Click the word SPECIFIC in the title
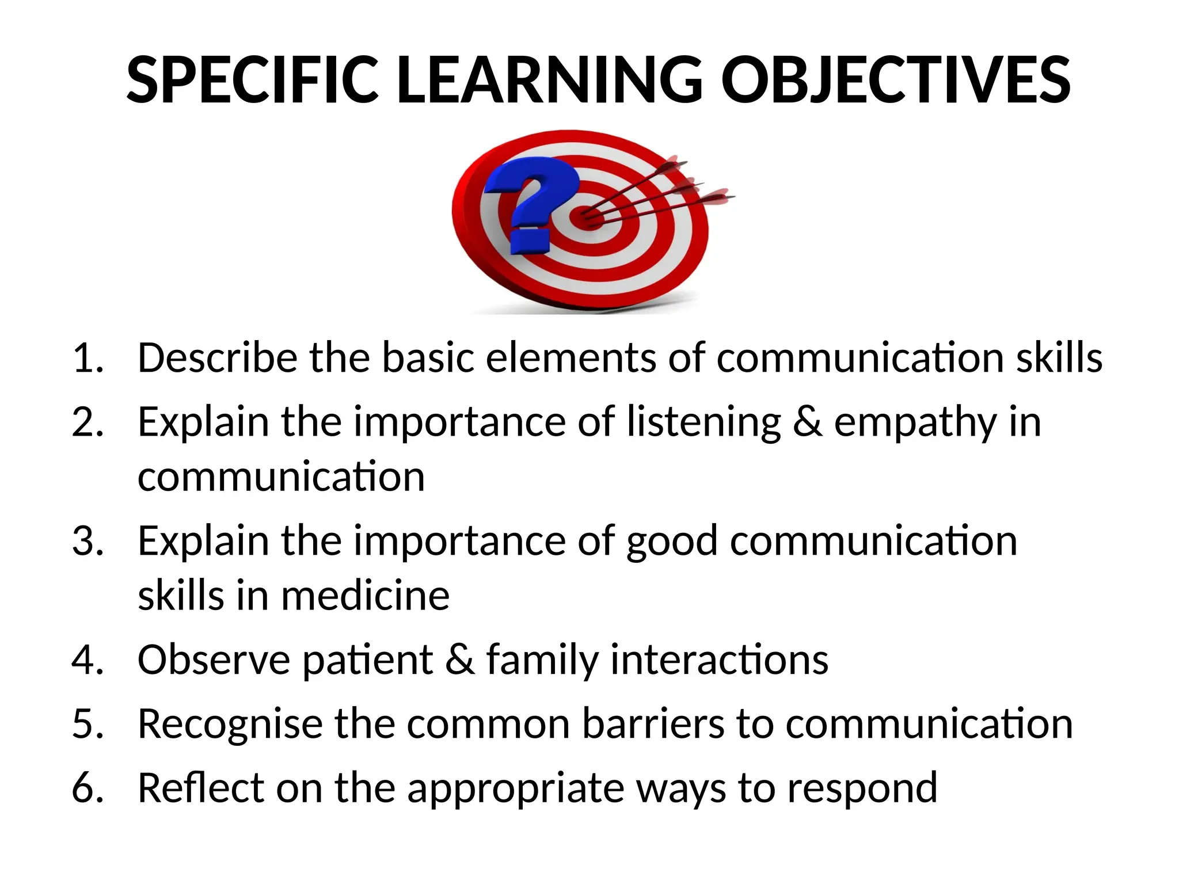[252, 81]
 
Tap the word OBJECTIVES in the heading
[895, 81]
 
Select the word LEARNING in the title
[550, 81]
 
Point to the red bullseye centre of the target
[587, 218]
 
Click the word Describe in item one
[217, 358]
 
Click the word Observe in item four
[214, 660]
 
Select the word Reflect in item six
[200, 787]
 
